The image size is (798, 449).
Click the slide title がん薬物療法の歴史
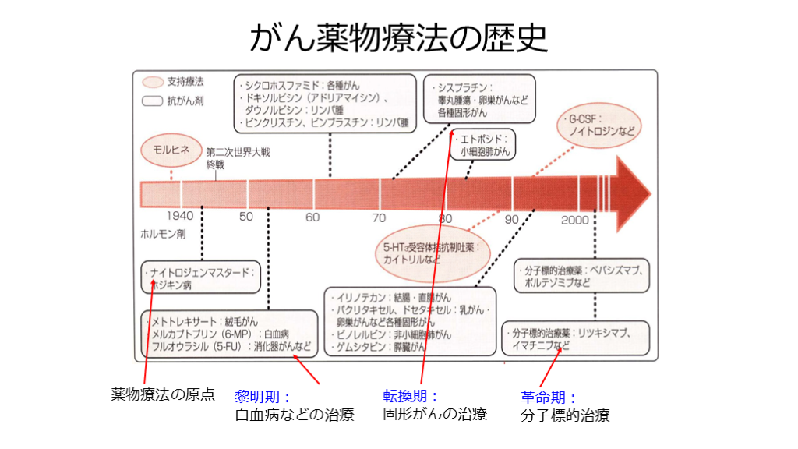click(398, 35)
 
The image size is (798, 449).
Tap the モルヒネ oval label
click(171, 151)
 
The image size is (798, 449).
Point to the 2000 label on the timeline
click(575, 220)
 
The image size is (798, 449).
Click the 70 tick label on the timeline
click(379, 217)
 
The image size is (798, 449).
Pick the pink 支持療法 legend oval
click(154, 81)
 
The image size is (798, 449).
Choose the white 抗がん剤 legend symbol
click(154, 100)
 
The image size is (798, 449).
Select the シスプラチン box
click(479, 99)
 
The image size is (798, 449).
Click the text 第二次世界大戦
click(238, 154)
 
